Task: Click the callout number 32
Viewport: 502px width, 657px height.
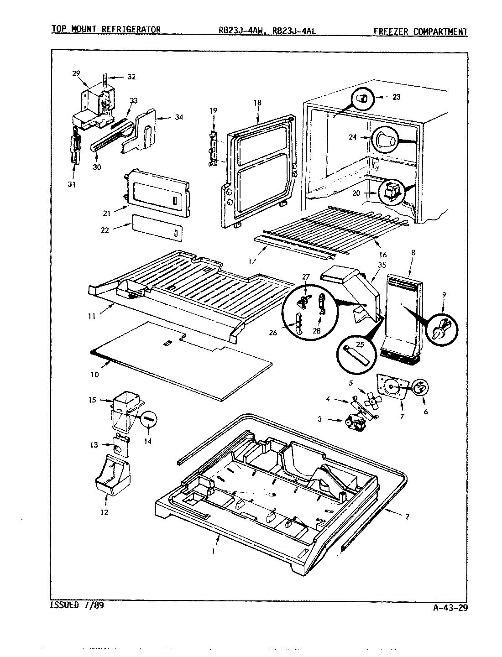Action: point(131,77)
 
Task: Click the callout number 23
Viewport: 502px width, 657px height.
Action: point(396,97)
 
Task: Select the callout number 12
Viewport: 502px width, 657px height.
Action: point(105,512)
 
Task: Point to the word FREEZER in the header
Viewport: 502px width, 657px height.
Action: point(392,31)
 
